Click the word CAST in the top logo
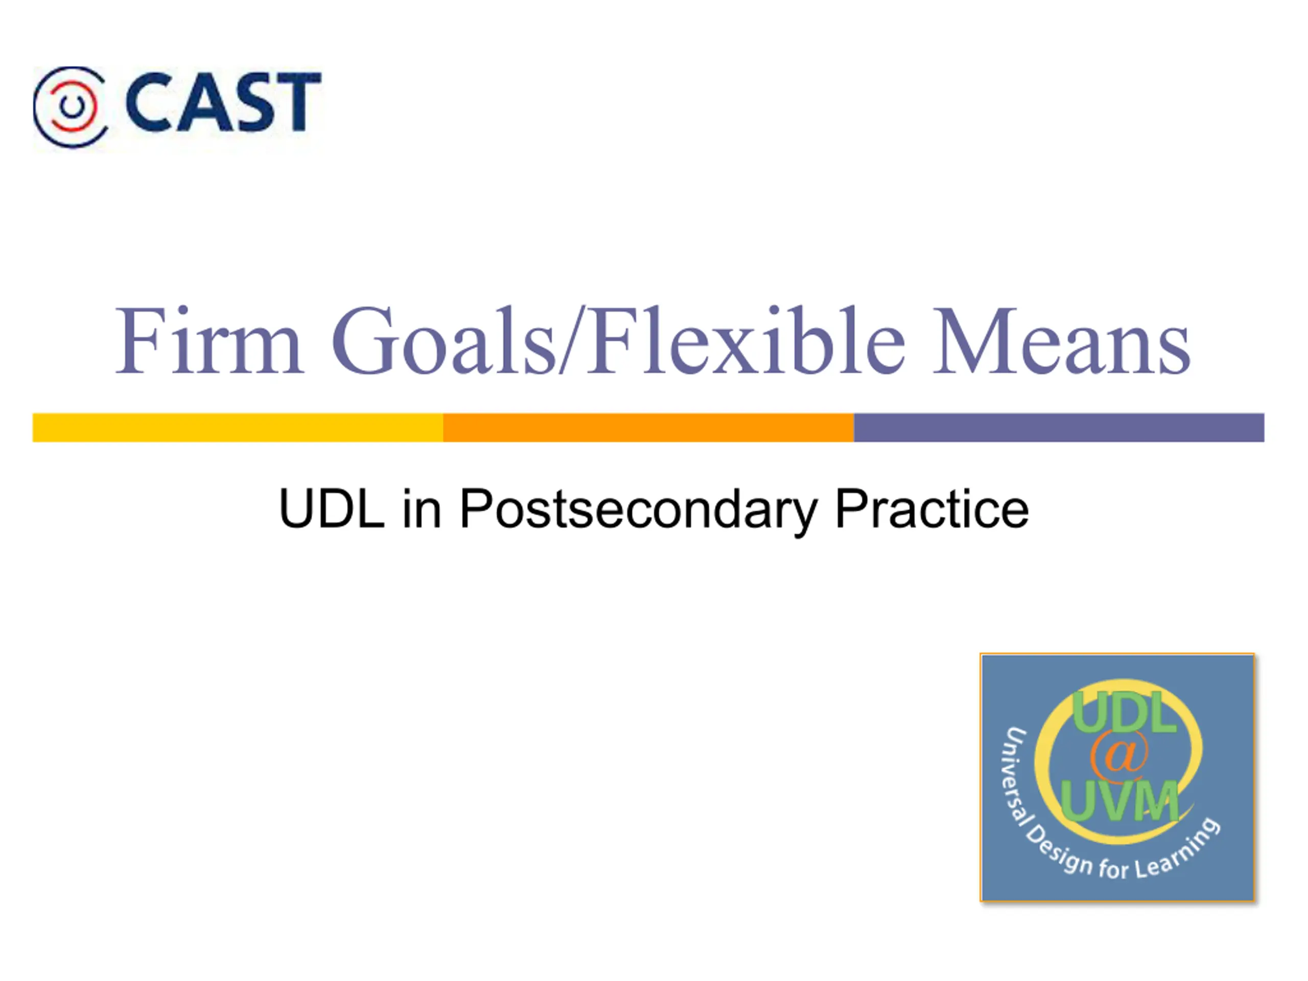(x=223, y=102)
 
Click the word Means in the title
(x=1061, y=341)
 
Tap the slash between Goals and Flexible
(x=571, y=341)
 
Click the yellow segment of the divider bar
(x=238, y=428)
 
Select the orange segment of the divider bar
(x=649, y=428)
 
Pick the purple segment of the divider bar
(x=1059, y=428)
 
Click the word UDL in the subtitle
(x=332, y=509)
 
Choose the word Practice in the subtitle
(x=932, y=508)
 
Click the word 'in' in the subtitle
(x=422, y=508)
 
